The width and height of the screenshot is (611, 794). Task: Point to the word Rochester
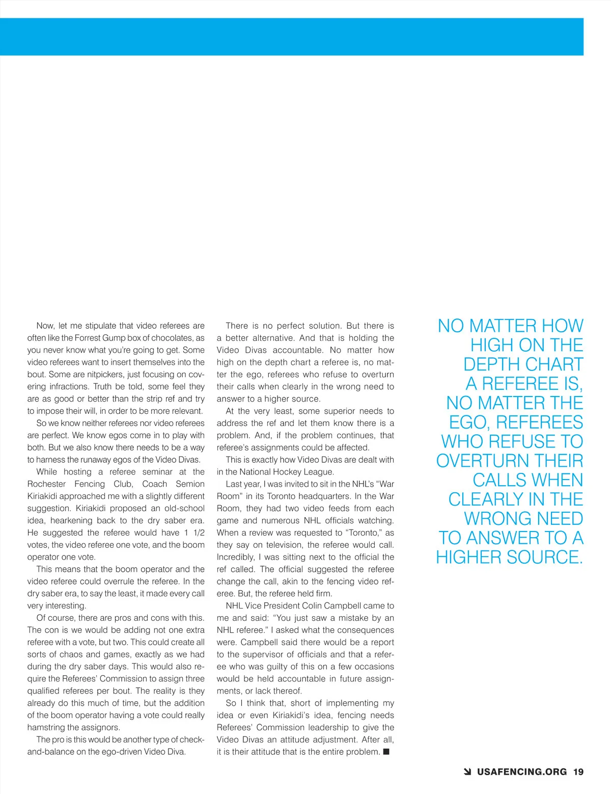click(x=46, y=484)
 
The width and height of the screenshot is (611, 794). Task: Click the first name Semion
click(x=190, y=484)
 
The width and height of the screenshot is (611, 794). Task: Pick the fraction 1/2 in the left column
click(x=199, y=533)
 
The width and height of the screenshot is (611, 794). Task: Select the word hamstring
click(x=46, y=728)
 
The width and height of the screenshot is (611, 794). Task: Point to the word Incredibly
click(x=236, y=557)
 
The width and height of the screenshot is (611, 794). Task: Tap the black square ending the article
click(x=386, y=752)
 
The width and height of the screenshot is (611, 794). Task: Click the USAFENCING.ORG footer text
click(x=521, y=772)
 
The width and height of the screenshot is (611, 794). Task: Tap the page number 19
click(x=578, y=772)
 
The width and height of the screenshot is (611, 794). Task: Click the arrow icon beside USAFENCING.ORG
click(x=467, y=772)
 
